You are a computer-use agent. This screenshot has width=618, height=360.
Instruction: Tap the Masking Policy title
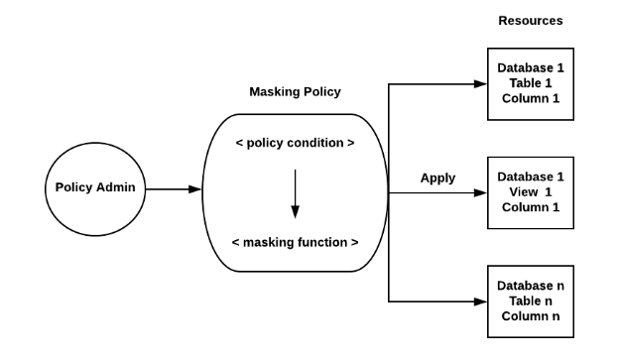[295, 92]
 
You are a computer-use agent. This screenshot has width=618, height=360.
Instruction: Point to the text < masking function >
[295, 241]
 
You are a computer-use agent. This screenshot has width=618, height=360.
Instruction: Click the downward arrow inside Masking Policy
[295, 193]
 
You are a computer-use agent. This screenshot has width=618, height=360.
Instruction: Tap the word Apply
[437, 179]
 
